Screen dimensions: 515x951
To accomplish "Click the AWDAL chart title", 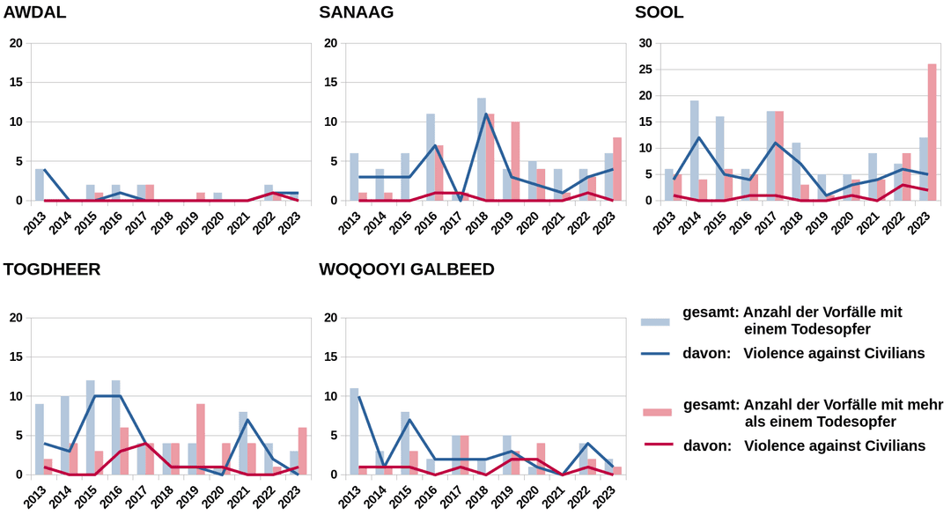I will tap(34, 12).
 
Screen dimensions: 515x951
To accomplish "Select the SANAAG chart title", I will tap(356, 12).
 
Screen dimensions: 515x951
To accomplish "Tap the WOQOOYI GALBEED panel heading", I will tap(407, 269).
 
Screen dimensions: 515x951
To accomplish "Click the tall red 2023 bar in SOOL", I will tap(933, 132).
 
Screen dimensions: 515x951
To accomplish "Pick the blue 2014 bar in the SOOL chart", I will tap(695, 151).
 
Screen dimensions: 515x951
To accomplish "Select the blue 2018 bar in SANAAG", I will tap(482, 150).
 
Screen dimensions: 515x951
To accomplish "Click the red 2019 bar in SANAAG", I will tap(515, 161).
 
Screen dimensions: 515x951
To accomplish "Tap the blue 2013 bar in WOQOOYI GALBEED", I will tap(354, 431).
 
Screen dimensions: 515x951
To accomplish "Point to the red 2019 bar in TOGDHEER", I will tap(201, 438).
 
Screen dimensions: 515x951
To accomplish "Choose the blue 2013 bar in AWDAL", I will tap(39, 185).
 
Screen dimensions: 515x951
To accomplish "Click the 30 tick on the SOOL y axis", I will tap(645, 43).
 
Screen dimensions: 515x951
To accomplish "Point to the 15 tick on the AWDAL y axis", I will tap(15, 83).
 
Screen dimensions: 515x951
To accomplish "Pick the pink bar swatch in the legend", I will tap(655, 412).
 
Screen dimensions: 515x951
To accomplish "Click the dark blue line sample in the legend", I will tap(655, 354).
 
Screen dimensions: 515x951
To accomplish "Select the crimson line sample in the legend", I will tap(655, 445).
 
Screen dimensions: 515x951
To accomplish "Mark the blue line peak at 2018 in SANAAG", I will tap(486, 114).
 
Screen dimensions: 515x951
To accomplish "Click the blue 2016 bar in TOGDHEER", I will tap(115, 427).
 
